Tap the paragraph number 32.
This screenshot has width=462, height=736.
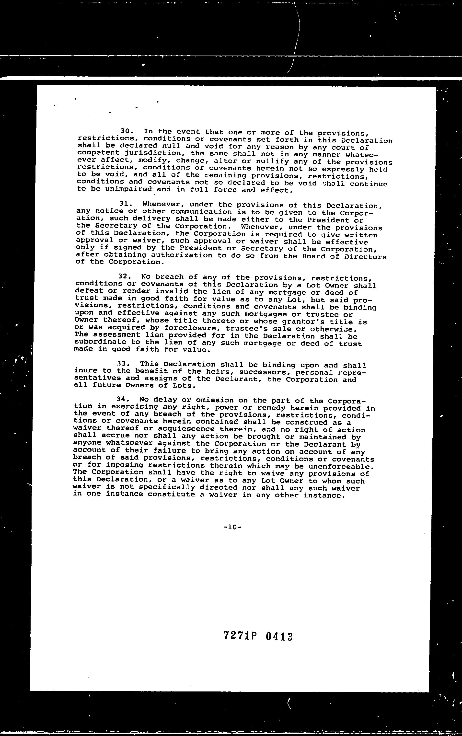tap(124, 276)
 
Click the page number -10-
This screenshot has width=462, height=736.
tap(232, 527)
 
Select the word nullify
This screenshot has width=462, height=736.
tap(272, 161)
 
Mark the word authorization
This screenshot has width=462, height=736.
tap(182, 255)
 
